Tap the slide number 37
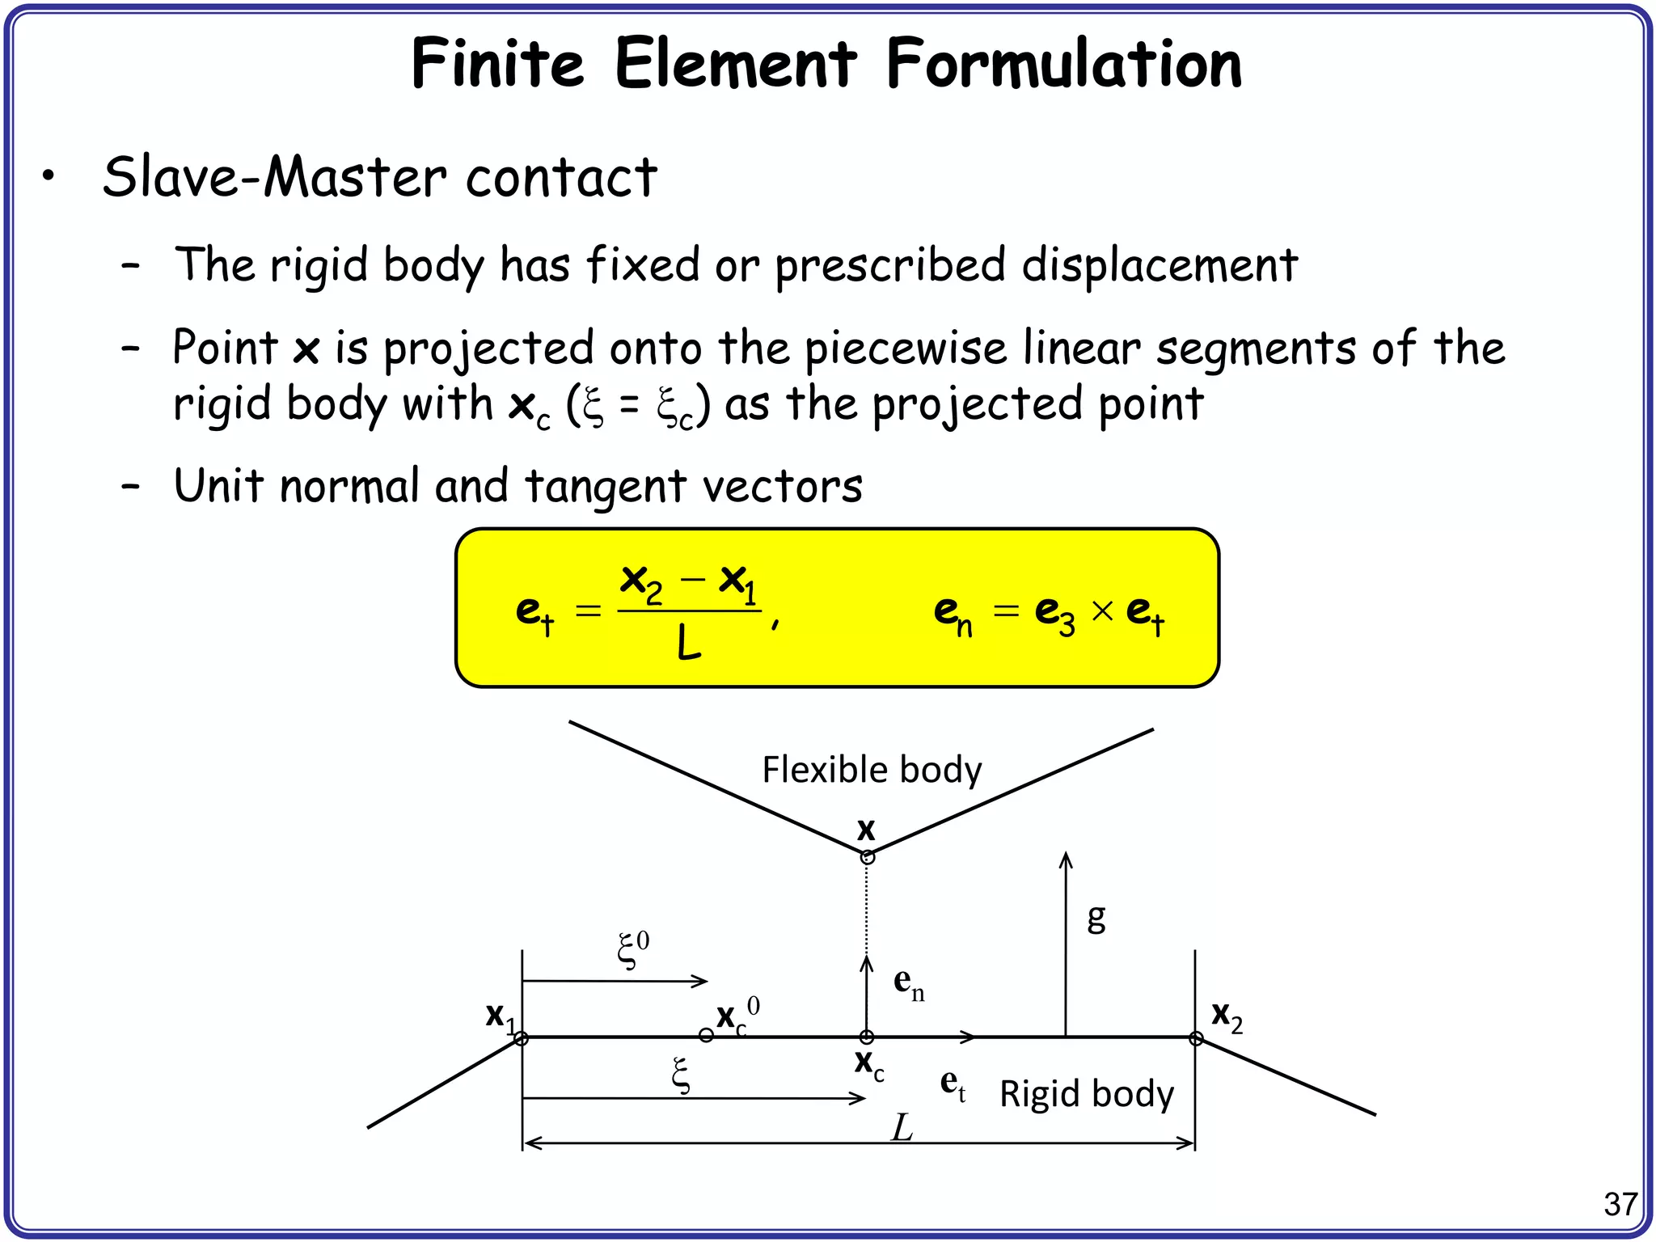pos(1620,1205)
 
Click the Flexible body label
pos(872,769)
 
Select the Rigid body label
pos(1086,1094)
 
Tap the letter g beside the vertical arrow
pos(1096,918)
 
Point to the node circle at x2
pos(1196,1038)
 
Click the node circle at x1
pos(522,1038)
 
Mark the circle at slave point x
pos(867,858)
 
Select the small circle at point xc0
pos(706,1035)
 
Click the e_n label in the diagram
pos(908,983)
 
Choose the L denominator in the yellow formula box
pos(688,645)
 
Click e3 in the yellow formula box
pos(1054,612)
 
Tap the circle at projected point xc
pos(867,1037)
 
